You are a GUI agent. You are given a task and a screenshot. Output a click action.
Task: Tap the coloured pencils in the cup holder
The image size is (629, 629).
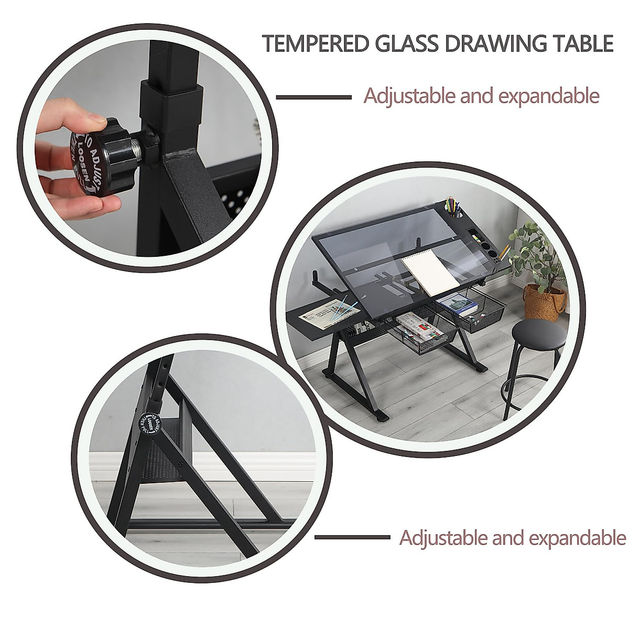[452, 205]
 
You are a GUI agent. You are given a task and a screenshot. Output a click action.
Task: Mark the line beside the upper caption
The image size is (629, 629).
[313, 97]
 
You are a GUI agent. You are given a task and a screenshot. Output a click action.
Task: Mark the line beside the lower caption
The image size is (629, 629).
[352, 537]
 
